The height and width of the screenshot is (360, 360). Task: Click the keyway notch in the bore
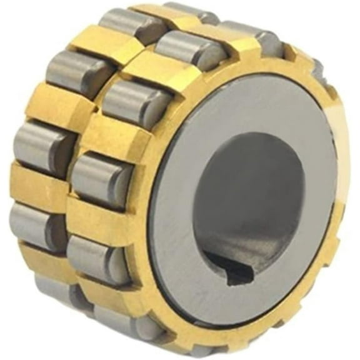click(x=241, y=270)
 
